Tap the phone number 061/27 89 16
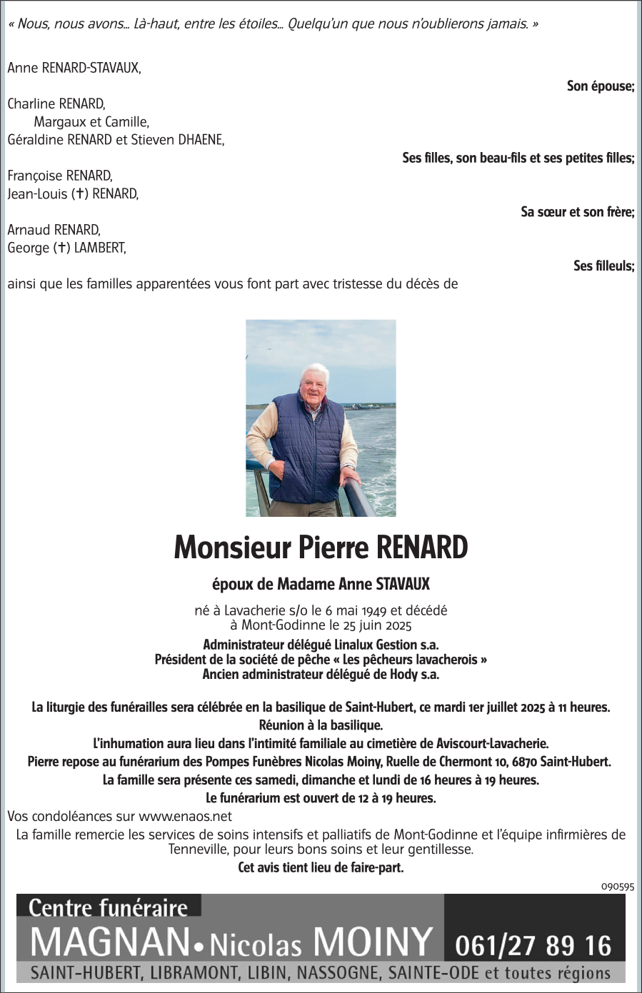click(533, 946)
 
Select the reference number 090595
click(617, 886)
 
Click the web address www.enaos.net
click(185, 816)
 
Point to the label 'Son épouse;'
click(600, 86)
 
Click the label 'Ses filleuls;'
click(603, 266)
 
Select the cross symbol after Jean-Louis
click(80, 193)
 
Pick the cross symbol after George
click(62, 248)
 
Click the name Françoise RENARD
click(59, 176)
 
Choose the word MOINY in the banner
click(373, 942)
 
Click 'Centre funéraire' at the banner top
click(108, 907)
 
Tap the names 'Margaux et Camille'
click(91, 122)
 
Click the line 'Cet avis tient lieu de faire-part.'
click(321, 868)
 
